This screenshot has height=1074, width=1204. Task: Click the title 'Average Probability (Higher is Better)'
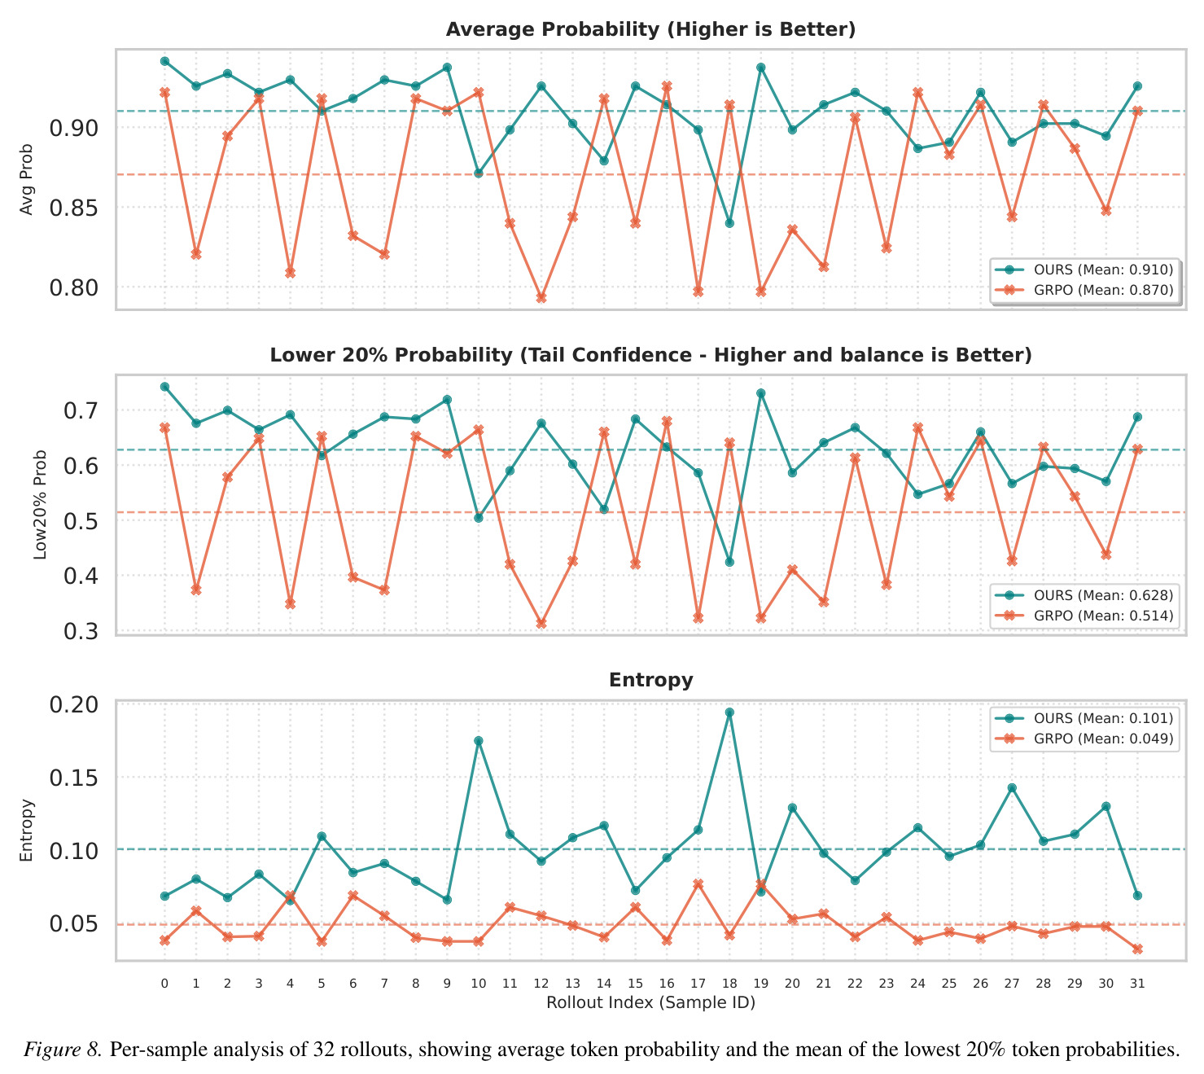click(x=650, y=29)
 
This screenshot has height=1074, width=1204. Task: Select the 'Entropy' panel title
click(x=650, y=679)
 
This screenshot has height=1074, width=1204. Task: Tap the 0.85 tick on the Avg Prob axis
click(x=74, y=208)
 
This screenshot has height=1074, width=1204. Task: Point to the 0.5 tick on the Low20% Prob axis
click(x=81, y=520)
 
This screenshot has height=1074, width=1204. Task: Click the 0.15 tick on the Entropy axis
click(x=74, y=778)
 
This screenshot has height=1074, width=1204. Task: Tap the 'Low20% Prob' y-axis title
click(x=40, y=505)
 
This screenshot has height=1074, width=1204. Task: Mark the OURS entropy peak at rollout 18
click(x=729, y=712)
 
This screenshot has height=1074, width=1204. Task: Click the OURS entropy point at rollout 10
click(x=479, y=741)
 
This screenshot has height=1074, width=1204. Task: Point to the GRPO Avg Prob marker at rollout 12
click(x=541, y=298)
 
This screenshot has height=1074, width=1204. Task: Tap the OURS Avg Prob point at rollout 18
click(x=729, y=223)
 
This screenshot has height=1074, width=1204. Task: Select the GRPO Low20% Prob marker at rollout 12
click(x=541, y=624)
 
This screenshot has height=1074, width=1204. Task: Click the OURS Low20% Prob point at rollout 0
click(x=164, y=386)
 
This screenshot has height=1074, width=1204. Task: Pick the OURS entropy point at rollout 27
click(x=1011, y=788)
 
